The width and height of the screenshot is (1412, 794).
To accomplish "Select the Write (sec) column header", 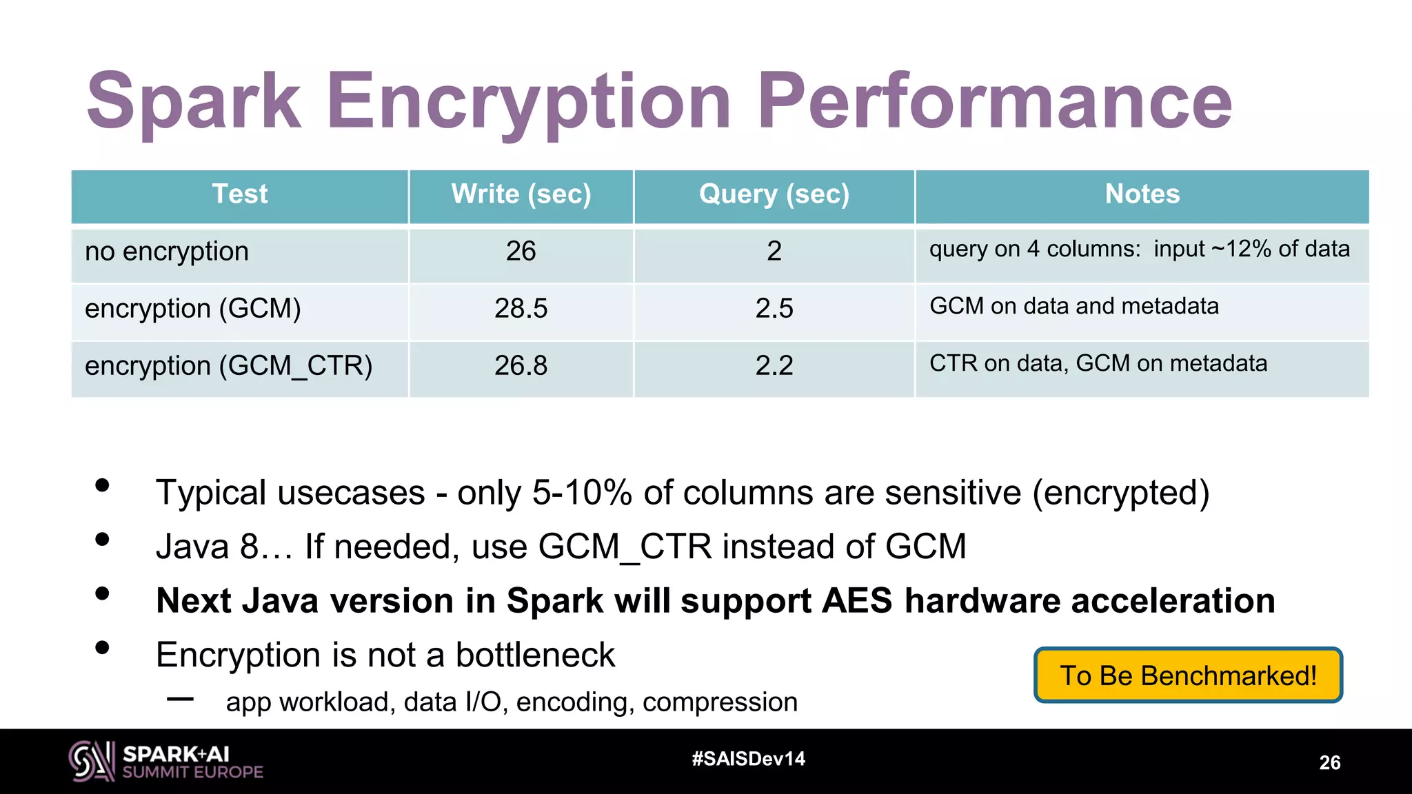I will [x=521, y=194].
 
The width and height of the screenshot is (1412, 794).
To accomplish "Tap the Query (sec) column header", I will [x=774, y=194].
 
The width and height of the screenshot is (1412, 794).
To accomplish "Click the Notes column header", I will [x=1142, y=194].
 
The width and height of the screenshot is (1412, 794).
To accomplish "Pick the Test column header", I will [x=239, y=194].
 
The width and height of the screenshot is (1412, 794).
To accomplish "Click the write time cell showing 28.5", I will [x=521, y=308].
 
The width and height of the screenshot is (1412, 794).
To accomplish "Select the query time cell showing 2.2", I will [x=774, y=365].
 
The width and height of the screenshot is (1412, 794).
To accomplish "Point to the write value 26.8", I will [x=521, y=365].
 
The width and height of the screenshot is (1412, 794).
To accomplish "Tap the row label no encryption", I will [x=166, y=252].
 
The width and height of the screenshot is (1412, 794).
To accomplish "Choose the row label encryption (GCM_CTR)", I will [x=228, y=365].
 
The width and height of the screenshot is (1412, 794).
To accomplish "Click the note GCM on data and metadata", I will [x=1073, y=306].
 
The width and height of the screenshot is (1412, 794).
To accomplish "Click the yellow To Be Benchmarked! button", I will [x=1187, y=675].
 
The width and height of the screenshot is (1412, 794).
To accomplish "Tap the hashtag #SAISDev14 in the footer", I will [x=748, y=759].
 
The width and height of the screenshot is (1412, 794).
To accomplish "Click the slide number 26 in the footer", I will [x=1329, y=762].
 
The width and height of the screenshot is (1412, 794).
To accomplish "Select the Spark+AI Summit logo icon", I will [x=91, y=761].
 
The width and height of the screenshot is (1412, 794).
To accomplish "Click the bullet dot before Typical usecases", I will [x=103, y=485].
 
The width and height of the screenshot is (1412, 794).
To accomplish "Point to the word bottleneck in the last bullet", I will [x=535, y=655].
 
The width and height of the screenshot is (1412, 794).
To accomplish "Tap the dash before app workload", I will [x=180, y=699].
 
